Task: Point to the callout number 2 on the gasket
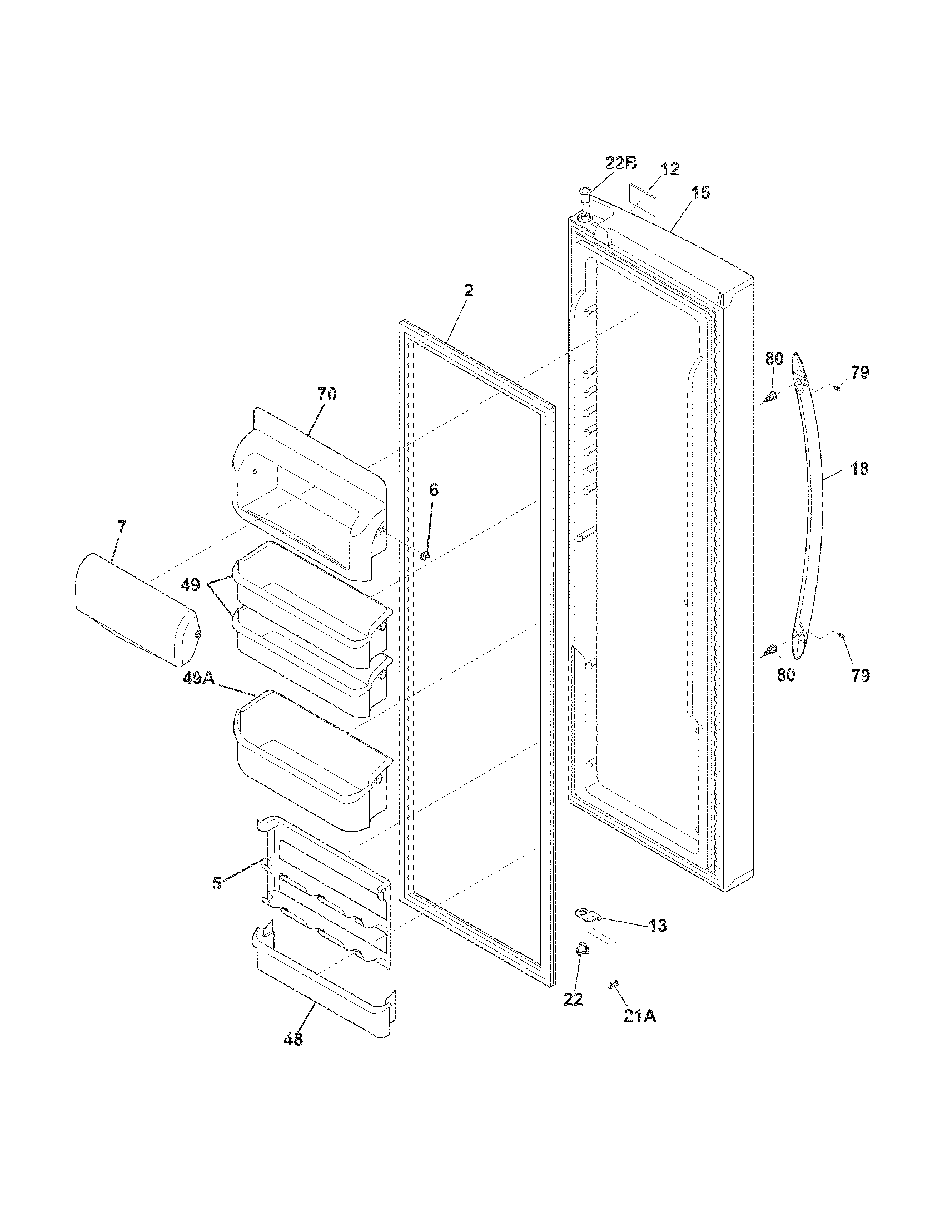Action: pyautogui.click(x=469, y=290)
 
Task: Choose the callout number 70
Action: pyautogui.click(x=327, y=394)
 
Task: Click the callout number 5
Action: pyautogui.click(x=217, y=883)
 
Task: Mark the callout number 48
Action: pyautogui.click(x=294, y=1040)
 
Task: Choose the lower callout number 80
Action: pyautogui.click(x=786, y=675)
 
